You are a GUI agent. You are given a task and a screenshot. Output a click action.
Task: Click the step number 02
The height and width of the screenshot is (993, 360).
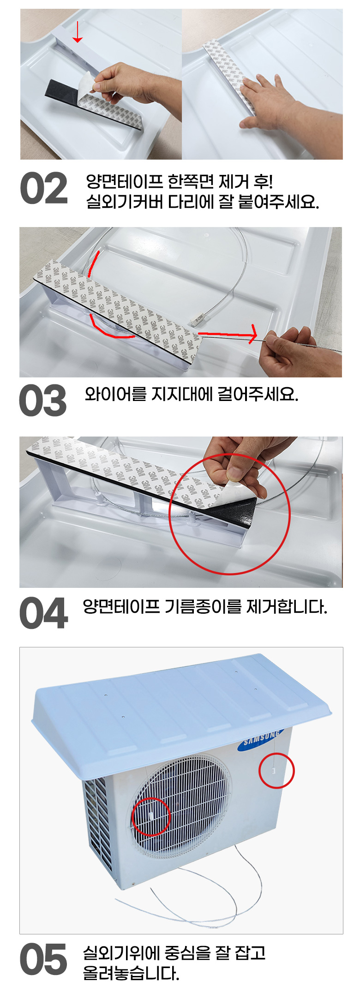[44, 188]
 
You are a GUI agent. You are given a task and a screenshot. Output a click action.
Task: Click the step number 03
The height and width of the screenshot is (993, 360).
[43, 400]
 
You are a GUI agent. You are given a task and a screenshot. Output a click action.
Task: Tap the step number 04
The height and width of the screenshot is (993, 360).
[44, 613]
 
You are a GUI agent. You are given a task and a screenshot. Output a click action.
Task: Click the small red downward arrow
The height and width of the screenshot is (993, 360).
[78, 32]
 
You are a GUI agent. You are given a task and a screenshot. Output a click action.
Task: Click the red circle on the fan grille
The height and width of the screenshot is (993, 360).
[151, 816]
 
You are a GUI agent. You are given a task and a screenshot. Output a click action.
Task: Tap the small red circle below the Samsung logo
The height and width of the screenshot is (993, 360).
[276, 771]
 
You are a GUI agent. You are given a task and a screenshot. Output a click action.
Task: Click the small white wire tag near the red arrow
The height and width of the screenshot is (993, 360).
[198, 319]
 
